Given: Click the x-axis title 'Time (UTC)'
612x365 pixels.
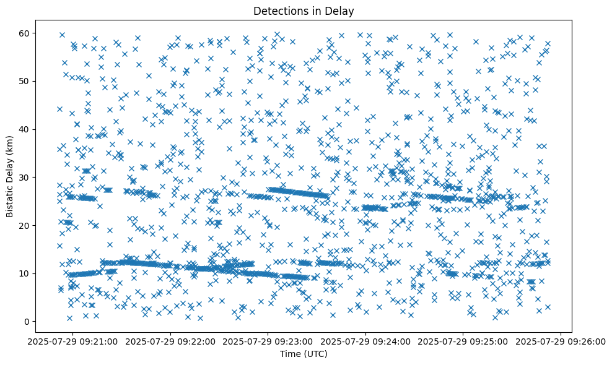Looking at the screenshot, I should (x=303, y=354).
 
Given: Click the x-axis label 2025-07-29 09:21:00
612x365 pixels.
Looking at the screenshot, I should (x=73, y=341).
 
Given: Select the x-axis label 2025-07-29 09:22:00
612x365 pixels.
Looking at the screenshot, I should (x=170, y=341).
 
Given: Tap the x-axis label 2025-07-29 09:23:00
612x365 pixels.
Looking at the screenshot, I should (x=268, y=341).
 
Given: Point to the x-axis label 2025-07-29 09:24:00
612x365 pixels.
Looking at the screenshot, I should (x=365, y=341).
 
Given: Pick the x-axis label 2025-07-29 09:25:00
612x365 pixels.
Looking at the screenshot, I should (x=463, y=341).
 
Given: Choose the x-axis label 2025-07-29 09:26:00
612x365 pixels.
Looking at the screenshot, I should (x=561, y=341).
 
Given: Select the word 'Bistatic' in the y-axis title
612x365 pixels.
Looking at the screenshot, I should (x=10, y=200).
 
